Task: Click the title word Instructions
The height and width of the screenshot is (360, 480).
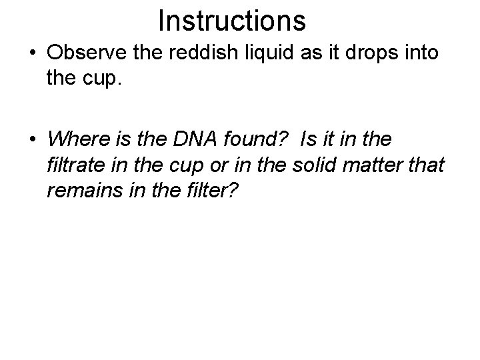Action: [x=232, y=21]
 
